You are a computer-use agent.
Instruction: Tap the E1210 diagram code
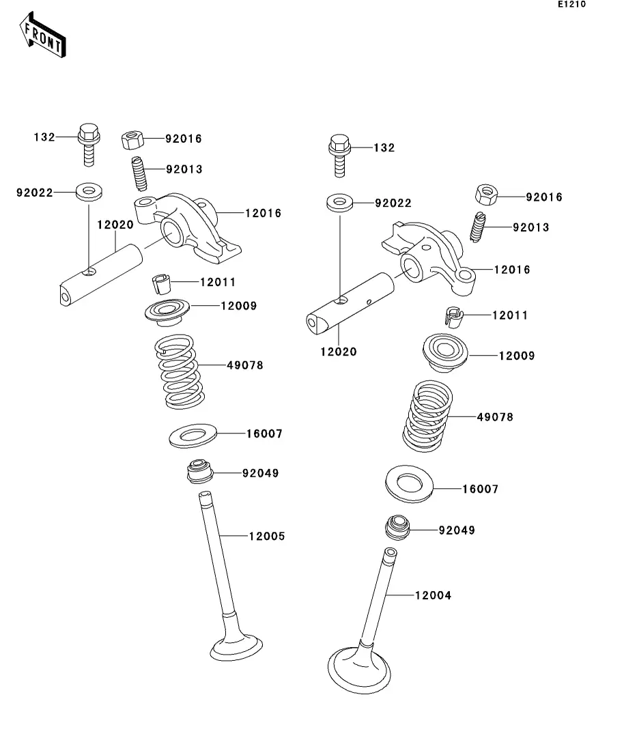coord(571,4)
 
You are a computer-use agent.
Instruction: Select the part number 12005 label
coord(267,536)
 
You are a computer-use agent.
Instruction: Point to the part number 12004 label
coord(433,595)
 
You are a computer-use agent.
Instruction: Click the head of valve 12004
coord(359,670)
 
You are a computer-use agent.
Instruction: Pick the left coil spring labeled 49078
coord(179,371)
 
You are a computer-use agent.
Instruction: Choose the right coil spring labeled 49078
coord(427,416)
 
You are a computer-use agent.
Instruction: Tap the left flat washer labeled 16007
coord(193,436)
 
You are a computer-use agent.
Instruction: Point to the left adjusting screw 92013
coord(139,174)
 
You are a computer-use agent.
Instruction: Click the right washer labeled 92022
coord(339,202)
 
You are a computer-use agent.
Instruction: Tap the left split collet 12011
coord(161,283)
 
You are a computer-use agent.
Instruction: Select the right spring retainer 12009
coord(445,353)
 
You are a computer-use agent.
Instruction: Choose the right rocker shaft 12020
coord(350,303)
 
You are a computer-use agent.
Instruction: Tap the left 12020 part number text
coord(115,225)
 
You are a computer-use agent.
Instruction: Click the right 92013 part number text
coord(530,227)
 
